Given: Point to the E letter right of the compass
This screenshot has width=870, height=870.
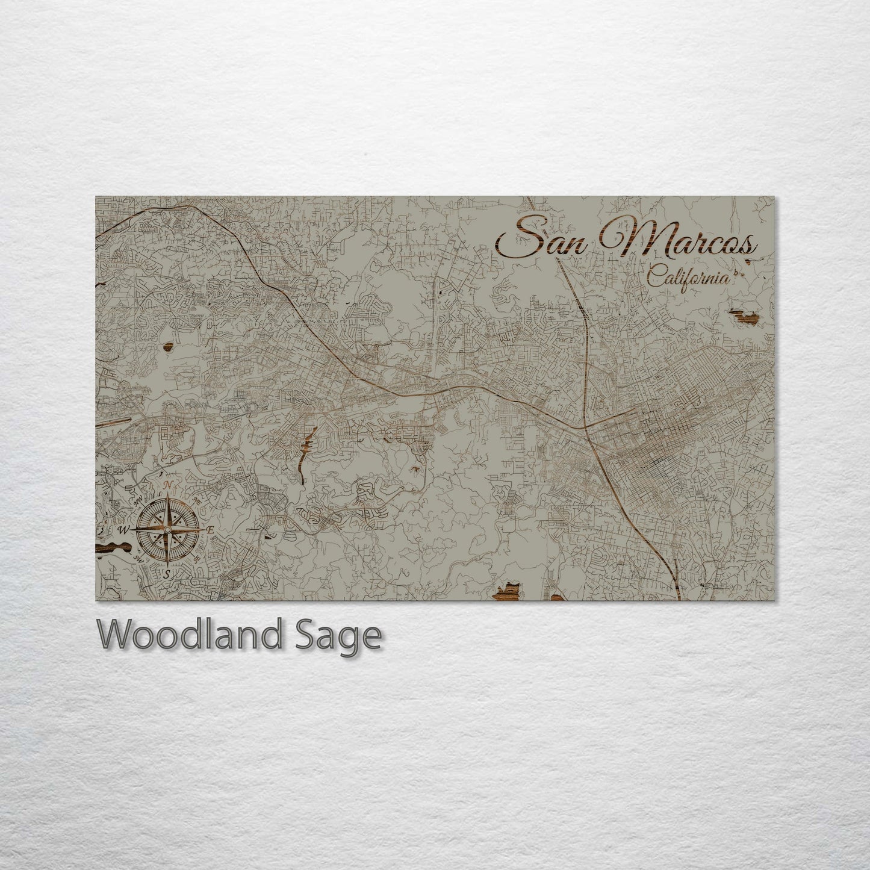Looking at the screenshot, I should coord(210,530).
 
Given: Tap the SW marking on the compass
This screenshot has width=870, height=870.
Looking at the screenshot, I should coord(138,559).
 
